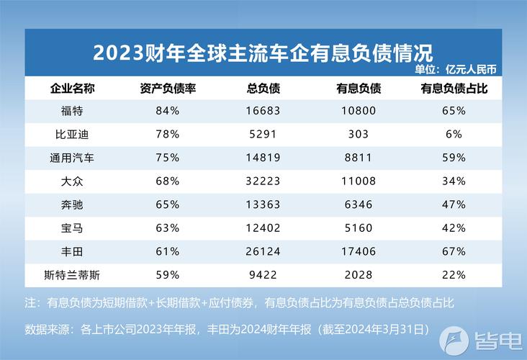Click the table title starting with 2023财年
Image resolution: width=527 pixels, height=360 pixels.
coord(263,53)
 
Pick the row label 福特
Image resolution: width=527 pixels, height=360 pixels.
coord(72,111)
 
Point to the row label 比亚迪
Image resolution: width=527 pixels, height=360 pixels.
coord(72,134)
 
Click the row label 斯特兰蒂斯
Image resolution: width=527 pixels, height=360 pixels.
coord(72,274)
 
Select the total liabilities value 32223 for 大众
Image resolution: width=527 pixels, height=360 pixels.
coord(263,181)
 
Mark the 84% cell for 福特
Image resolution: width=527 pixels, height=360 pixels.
coord(167,111)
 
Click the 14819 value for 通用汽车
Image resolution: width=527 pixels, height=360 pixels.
coord(263,158)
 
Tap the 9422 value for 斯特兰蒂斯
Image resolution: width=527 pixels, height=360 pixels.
coord(263,274)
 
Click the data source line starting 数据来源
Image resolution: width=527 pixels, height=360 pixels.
coord(227,329)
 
